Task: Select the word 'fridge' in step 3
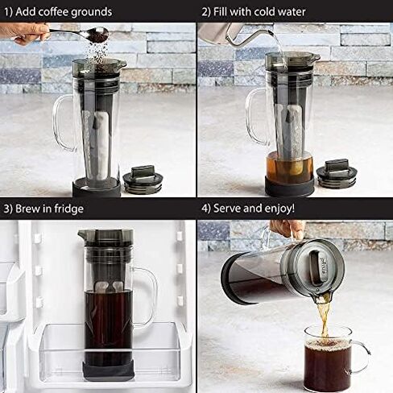coord(69,209)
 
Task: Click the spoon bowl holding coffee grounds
coord(98,35)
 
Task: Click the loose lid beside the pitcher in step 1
coord(143,179)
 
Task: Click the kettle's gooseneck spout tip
coord(271,32)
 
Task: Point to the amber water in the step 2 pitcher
coord(289,167)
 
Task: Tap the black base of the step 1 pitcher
coord(97,188)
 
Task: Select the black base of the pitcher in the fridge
coord(108,370)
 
